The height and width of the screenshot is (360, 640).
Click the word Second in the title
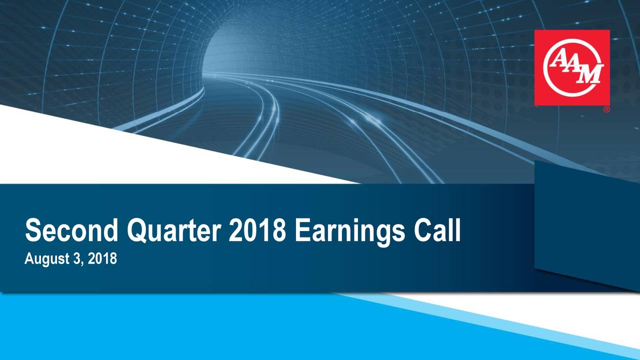pos(71,230)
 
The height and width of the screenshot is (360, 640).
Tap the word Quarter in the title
pos(173,231)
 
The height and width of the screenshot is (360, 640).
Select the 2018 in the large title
pos(257,230)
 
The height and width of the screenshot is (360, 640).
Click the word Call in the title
pos(437,230)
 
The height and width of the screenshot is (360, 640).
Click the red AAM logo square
pos(572,67)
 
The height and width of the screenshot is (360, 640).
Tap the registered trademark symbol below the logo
pos(606,110)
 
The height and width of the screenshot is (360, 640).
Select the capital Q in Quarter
pos(136,231)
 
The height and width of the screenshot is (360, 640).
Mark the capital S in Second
pos(33,230)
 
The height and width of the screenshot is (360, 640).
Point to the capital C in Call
pos(423,230)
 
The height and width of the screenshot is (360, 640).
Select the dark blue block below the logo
pos(585,223)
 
